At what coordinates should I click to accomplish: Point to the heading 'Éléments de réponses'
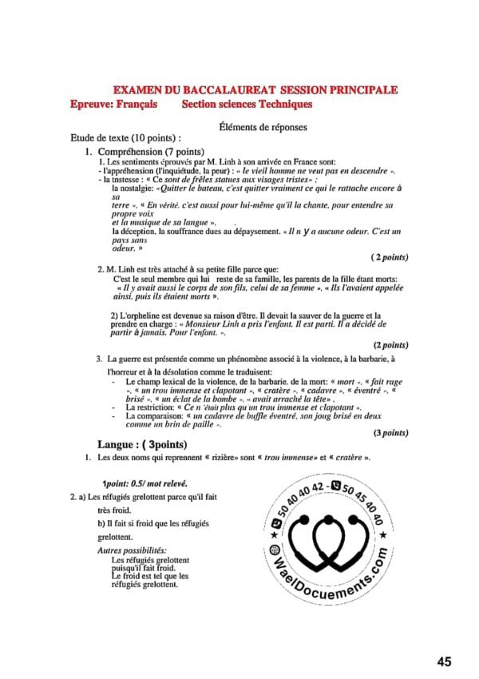(x=263, y=126)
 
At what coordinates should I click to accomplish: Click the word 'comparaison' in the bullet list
(x=155, y=416)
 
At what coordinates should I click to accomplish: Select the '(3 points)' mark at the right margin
(x=390, y=433)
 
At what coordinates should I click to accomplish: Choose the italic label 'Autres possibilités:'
(x=132, y=550)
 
